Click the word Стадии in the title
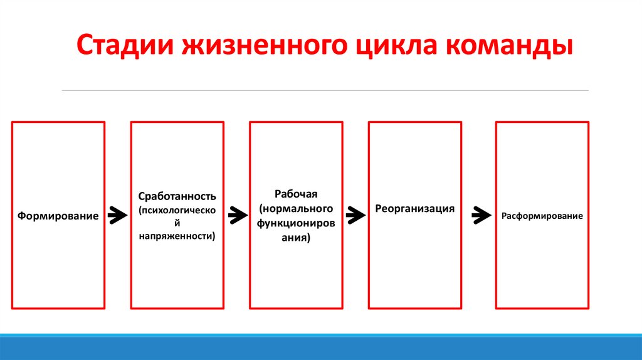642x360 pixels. [125, 45]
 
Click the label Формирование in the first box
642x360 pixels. [58, 216]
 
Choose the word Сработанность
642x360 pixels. [177, 196]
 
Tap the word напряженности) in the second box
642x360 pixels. [177, 236]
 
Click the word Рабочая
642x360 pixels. [296, 194]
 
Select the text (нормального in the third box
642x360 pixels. [296, 208]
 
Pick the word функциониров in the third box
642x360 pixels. [296, 223]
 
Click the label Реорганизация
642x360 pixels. [415, 209]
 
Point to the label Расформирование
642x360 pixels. [542, 216]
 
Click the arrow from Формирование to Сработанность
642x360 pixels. [117, 215]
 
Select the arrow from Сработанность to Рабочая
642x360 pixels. [238, 215]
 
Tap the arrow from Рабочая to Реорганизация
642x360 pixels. [356, 215]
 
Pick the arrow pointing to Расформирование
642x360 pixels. [481, 215]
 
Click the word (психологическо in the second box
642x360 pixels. [177, 211]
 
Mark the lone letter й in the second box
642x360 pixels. [177, 223]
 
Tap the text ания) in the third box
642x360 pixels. [296, 238]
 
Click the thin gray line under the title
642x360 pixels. [325, 90]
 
